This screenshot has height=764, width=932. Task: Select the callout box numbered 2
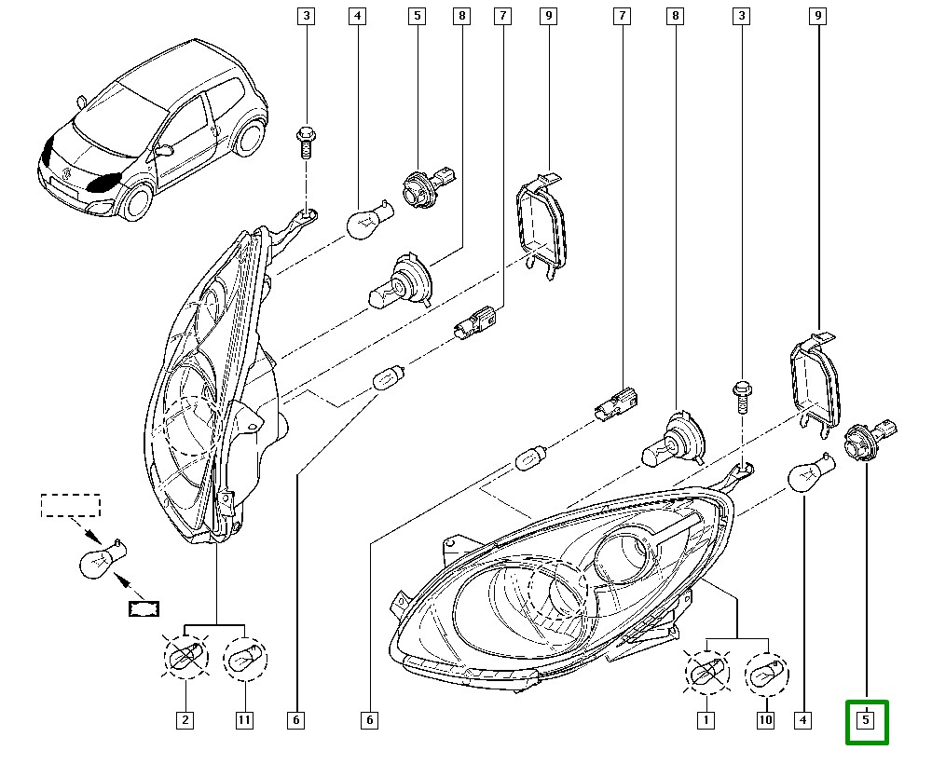tap(185, 719)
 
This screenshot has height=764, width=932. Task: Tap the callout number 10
tap(766, 719)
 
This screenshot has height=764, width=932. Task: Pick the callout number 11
tap(245, 719)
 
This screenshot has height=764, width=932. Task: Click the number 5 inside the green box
tap(866, 720)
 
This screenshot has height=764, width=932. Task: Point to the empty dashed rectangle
tap(70, 505)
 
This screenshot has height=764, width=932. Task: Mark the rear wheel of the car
tap(247, 140)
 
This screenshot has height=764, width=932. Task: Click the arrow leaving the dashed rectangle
tap(91, 534)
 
